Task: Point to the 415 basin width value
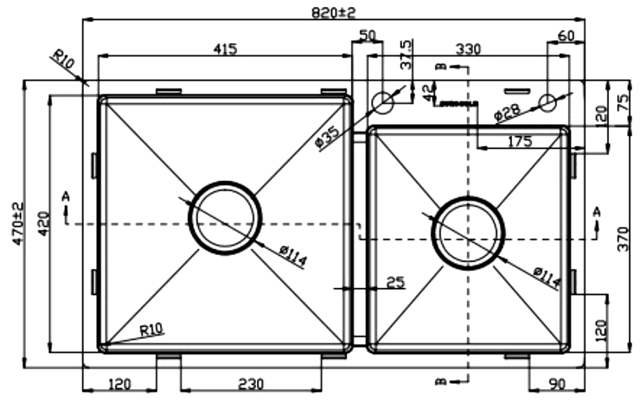[225, 49]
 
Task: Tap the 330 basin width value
[468, 49]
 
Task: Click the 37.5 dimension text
[405, 55]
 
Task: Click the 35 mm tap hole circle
[383, 102]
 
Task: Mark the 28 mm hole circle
[548, 102]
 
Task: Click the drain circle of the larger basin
[225, 218]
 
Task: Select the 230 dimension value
[251, 384]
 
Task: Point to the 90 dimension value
[557, 384]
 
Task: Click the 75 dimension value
[623, 103]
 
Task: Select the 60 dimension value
[566, 36]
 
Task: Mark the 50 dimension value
[367, 36]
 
